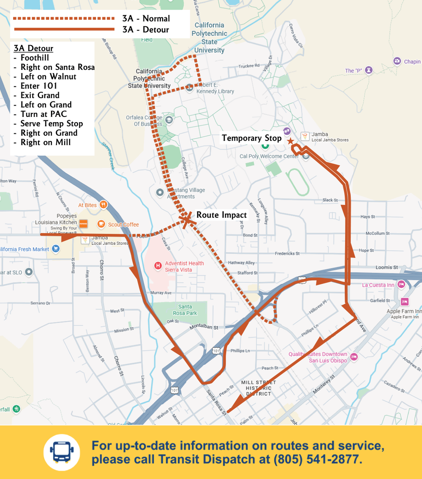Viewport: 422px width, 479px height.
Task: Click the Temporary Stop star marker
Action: pos(290,141)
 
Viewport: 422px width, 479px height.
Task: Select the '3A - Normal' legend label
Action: pos(146,18)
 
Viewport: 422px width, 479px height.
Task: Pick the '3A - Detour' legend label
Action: pos(146,30)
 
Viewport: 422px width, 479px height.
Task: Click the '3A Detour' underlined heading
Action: pos(33,49)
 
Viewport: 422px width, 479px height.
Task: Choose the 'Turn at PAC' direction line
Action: pos(43,114)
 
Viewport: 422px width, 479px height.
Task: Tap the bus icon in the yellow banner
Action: pos(62,452)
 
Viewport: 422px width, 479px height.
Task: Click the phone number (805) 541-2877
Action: pos(318,459)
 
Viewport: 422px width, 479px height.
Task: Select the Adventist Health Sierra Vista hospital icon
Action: pos(158,265)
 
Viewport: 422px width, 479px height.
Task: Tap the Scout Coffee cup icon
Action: pos(101,224)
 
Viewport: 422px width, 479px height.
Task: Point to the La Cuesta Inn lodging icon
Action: pos(401,284)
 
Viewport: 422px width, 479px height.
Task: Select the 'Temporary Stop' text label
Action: pos(251,138)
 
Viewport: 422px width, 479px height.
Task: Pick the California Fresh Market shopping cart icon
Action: pos(56,249)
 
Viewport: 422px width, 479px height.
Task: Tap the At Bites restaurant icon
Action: pos(104,205)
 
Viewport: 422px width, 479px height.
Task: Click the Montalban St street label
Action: pos(204,327)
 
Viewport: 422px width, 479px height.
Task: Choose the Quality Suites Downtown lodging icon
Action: pos(354,356)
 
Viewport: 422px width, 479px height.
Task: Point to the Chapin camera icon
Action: pos(397,61)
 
